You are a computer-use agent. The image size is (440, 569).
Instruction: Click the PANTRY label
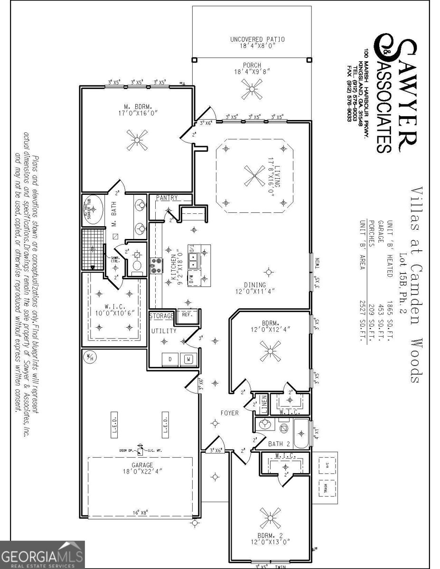tap(167, 198)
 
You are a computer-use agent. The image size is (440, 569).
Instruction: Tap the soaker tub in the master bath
tap(93, 209)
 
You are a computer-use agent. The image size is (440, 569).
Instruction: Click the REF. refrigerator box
tap(186, 314)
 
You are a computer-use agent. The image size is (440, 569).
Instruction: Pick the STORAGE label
tap(161, 316)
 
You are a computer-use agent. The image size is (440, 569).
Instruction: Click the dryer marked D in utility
tap(170, 359)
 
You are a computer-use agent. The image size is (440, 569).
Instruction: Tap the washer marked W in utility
tap(188, 359)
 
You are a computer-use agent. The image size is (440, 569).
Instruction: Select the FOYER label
tap(230, 413)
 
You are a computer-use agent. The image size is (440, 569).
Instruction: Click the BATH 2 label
tap(266, 444)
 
